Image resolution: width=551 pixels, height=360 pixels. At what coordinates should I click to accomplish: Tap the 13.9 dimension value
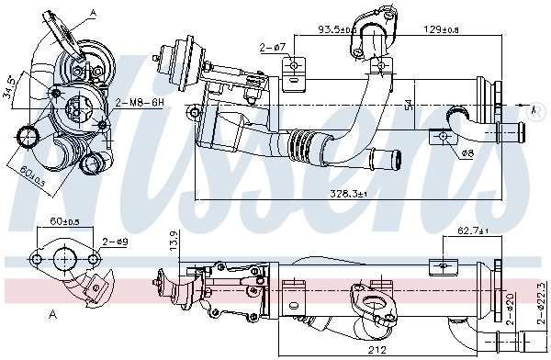pyautogui.click(x=174, y=242)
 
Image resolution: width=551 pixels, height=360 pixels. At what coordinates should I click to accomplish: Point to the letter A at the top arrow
pyautogui.click(x=92, y=12)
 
